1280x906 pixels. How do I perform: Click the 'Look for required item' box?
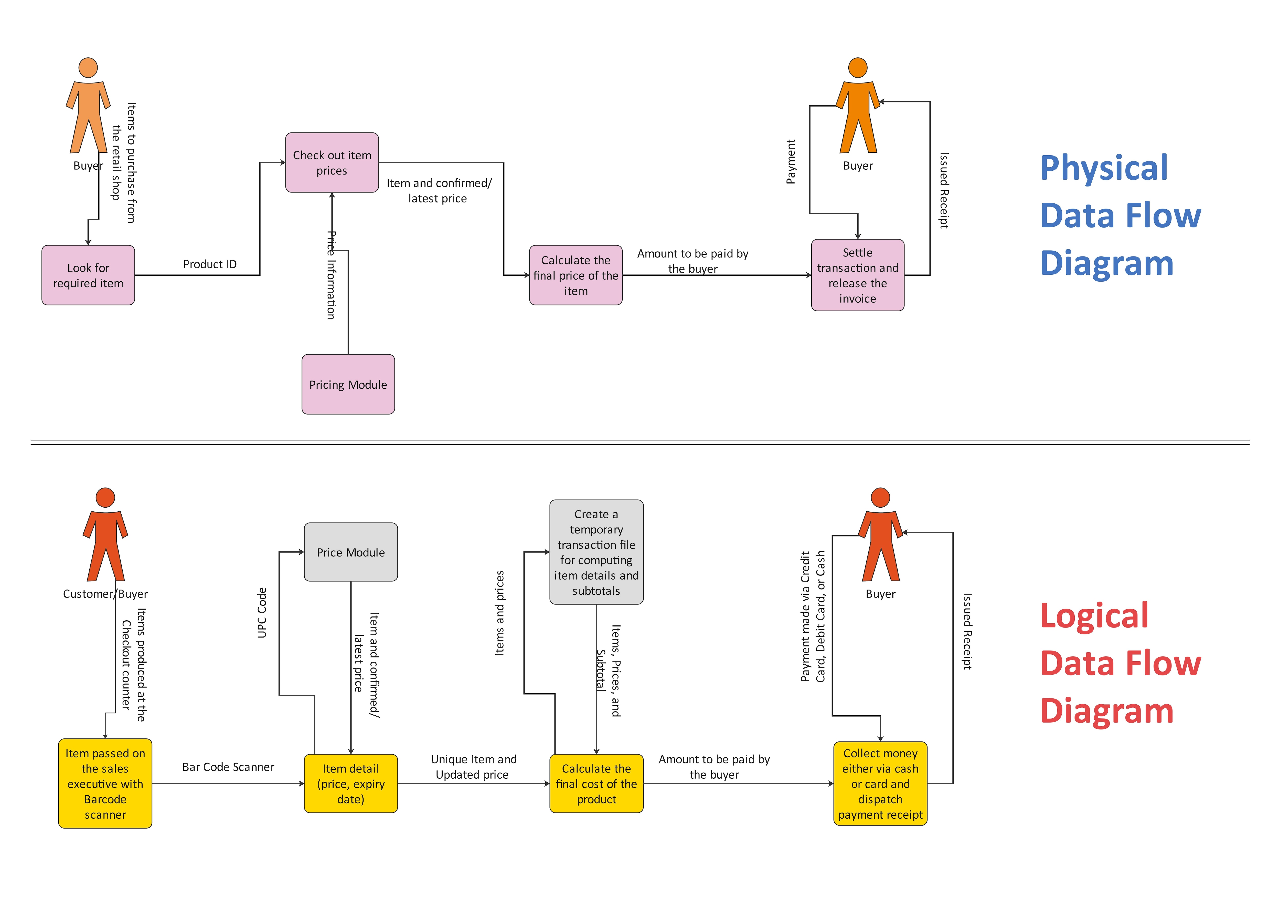pos(88,275)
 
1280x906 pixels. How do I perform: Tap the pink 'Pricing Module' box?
pos(348,384)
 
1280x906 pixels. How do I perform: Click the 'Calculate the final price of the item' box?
pos(575,275)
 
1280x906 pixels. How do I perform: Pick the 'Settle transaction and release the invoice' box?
pos(857,275)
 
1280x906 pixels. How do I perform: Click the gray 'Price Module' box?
pos(351,552)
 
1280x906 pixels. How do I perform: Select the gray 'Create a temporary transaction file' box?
pos(596,552)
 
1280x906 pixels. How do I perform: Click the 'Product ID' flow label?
pos(210,264)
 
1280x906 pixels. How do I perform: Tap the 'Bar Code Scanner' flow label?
pos(228,767)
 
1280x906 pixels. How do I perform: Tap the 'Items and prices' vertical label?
pos(499,613)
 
